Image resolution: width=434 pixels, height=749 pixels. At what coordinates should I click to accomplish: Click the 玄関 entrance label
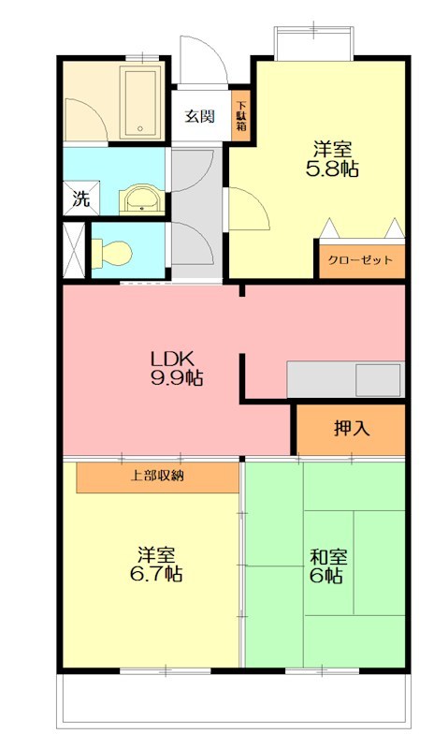click(x=199, y=116)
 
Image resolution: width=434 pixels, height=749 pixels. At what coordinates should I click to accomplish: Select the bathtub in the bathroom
click(x=142, y=100)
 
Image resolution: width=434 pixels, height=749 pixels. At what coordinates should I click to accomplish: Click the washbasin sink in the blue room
click(x=141, y=198)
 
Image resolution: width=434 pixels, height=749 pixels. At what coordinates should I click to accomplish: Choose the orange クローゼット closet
click(x=360, y=260)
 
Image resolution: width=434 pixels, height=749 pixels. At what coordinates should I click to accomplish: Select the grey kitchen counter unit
click(x=344, y=379)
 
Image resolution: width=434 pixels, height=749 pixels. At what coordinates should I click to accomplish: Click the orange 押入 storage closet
click(x=352, y=429)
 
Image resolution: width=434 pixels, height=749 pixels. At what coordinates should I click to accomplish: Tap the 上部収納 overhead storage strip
click(x=157, y=476)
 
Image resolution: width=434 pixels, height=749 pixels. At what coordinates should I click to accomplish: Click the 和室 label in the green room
click(x=328, y=556)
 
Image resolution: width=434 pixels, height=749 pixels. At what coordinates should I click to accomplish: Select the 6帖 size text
click(x=328, y=576)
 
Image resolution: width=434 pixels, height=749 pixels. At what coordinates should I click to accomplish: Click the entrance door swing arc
click(x=200, y=59)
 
